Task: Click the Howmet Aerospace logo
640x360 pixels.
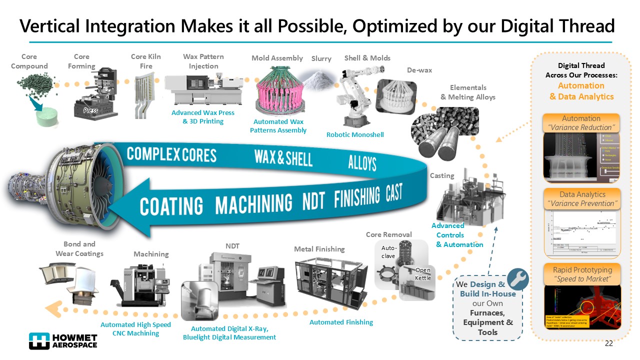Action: pos(63,340)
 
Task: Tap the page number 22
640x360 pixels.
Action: pos(608,343)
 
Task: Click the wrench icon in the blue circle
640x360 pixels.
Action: pos(518,279)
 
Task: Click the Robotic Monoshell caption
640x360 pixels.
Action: pos(354,134)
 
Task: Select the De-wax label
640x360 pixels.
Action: pos(419,70)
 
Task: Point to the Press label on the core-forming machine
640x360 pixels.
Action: pos(90,110)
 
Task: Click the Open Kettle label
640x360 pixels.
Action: pos(422,274)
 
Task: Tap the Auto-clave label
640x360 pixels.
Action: pos(388,251)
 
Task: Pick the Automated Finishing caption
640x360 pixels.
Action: pos(341,322)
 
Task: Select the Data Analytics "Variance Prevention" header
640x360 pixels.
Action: pos(581,198)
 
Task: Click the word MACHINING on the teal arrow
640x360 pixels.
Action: pos(253,203)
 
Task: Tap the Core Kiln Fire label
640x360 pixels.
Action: pos(145,61)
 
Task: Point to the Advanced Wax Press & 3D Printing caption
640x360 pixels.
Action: pos(202,117)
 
